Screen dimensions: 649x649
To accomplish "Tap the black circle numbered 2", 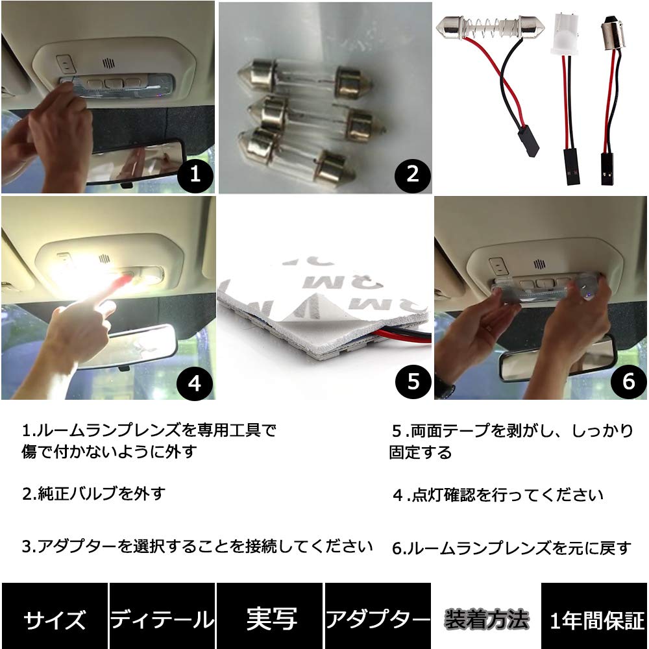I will tap(411, 175).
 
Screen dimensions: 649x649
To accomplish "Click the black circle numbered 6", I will tap(628, 382).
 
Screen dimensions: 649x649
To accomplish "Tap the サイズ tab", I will tap(55, 619).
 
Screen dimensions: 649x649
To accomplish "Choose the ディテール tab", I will tap(162, 619).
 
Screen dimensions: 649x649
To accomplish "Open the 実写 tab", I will tap(271, 619).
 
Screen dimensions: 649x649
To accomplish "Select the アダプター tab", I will tap(378, 619).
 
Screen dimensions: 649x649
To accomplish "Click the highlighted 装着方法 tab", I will tap(486, 619).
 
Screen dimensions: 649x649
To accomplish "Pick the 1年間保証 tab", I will tap(595, 619).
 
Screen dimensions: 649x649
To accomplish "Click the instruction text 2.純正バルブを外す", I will tap(94, 493).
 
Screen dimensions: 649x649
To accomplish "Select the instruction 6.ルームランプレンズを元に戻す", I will tap(511, 548).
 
